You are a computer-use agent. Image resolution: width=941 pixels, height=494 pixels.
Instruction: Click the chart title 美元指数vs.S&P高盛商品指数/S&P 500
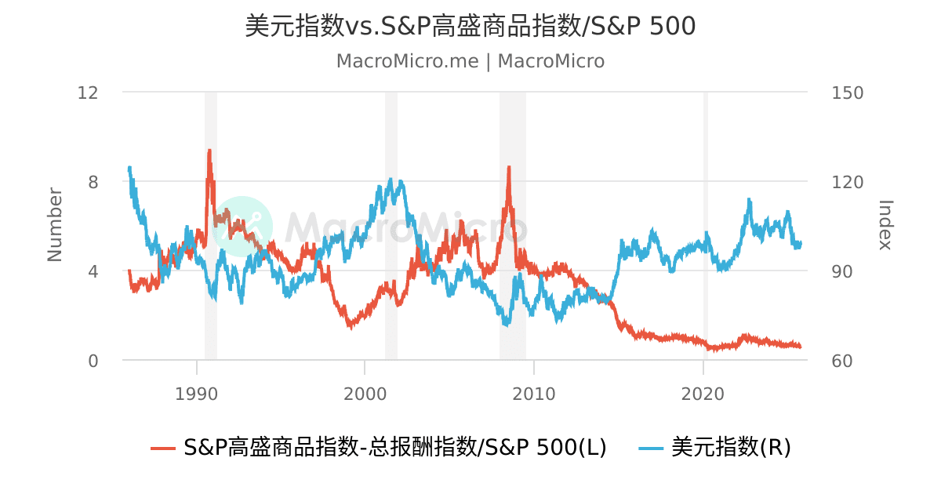470,26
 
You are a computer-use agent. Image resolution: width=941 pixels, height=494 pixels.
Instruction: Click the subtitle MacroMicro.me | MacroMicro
470,61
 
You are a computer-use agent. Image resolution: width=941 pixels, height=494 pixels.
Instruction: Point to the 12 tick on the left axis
88,93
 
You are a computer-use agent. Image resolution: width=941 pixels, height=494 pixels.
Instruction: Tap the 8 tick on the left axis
93,182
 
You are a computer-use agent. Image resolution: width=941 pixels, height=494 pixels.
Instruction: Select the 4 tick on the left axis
93,271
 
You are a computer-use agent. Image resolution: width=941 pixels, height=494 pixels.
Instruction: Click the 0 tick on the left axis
93,361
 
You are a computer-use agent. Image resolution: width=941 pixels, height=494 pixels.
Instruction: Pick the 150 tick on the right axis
847,93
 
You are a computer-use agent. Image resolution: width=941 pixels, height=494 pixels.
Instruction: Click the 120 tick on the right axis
847,182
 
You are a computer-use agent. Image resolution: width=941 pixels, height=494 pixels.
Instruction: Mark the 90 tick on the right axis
842,271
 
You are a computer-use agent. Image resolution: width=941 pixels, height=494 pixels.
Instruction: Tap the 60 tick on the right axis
842,361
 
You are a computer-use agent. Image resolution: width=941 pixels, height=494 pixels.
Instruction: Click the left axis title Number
55,225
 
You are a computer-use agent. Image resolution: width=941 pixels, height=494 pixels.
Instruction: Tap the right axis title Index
885,225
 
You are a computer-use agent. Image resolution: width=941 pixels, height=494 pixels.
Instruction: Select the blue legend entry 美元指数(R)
714,447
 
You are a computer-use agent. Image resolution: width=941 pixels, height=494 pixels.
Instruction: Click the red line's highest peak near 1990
209,151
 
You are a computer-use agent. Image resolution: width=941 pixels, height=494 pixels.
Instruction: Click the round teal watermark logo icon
242,227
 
